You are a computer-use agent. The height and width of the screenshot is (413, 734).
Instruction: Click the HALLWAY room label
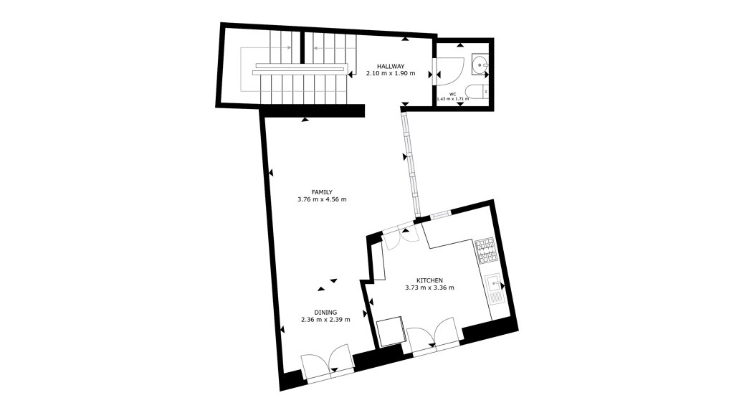(x=391, y=67)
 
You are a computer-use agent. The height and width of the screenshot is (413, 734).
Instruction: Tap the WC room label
(x=453, y=94)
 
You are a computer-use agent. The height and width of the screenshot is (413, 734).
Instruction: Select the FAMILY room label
(x=322, y=192)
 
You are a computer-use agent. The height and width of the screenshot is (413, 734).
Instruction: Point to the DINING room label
(x=325, y=313)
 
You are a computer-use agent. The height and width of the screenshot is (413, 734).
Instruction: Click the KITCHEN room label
(x=430, y=280)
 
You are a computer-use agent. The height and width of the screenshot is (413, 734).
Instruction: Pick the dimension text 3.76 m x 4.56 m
(x=322, y=199)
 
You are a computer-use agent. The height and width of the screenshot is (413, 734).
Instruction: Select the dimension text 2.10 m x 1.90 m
(x=391, y=74)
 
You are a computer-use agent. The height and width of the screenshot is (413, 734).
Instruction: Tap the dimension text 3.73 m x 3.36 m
(x=430, y=288)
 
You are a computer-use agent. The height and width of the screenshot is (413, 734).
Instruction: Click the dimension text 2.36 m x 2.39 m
(x=325, y=320)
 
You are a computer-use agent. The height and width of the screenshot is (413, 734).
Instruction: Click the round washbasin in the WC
(x=480, y=65)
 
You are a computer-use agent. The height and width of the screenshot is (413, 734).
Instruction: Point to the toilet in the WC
(x=477, y=92)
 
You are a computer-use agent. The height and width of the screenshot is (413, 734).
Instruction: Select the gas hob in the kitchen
(x=485, y=250)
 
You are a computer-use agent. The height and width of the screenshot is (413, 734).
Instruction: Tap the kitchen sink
(x=495, y=290)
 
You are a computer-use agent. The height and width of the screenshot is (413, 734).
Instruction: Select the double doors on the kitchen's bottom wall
(x=433, y=335)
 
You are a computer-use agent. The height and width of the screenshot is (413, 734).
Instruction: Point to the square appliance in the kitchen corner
(x=391, y=331)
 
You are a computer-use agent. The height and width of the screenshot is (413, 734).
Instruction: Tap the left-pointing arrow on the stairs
(x=328, y=48)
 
